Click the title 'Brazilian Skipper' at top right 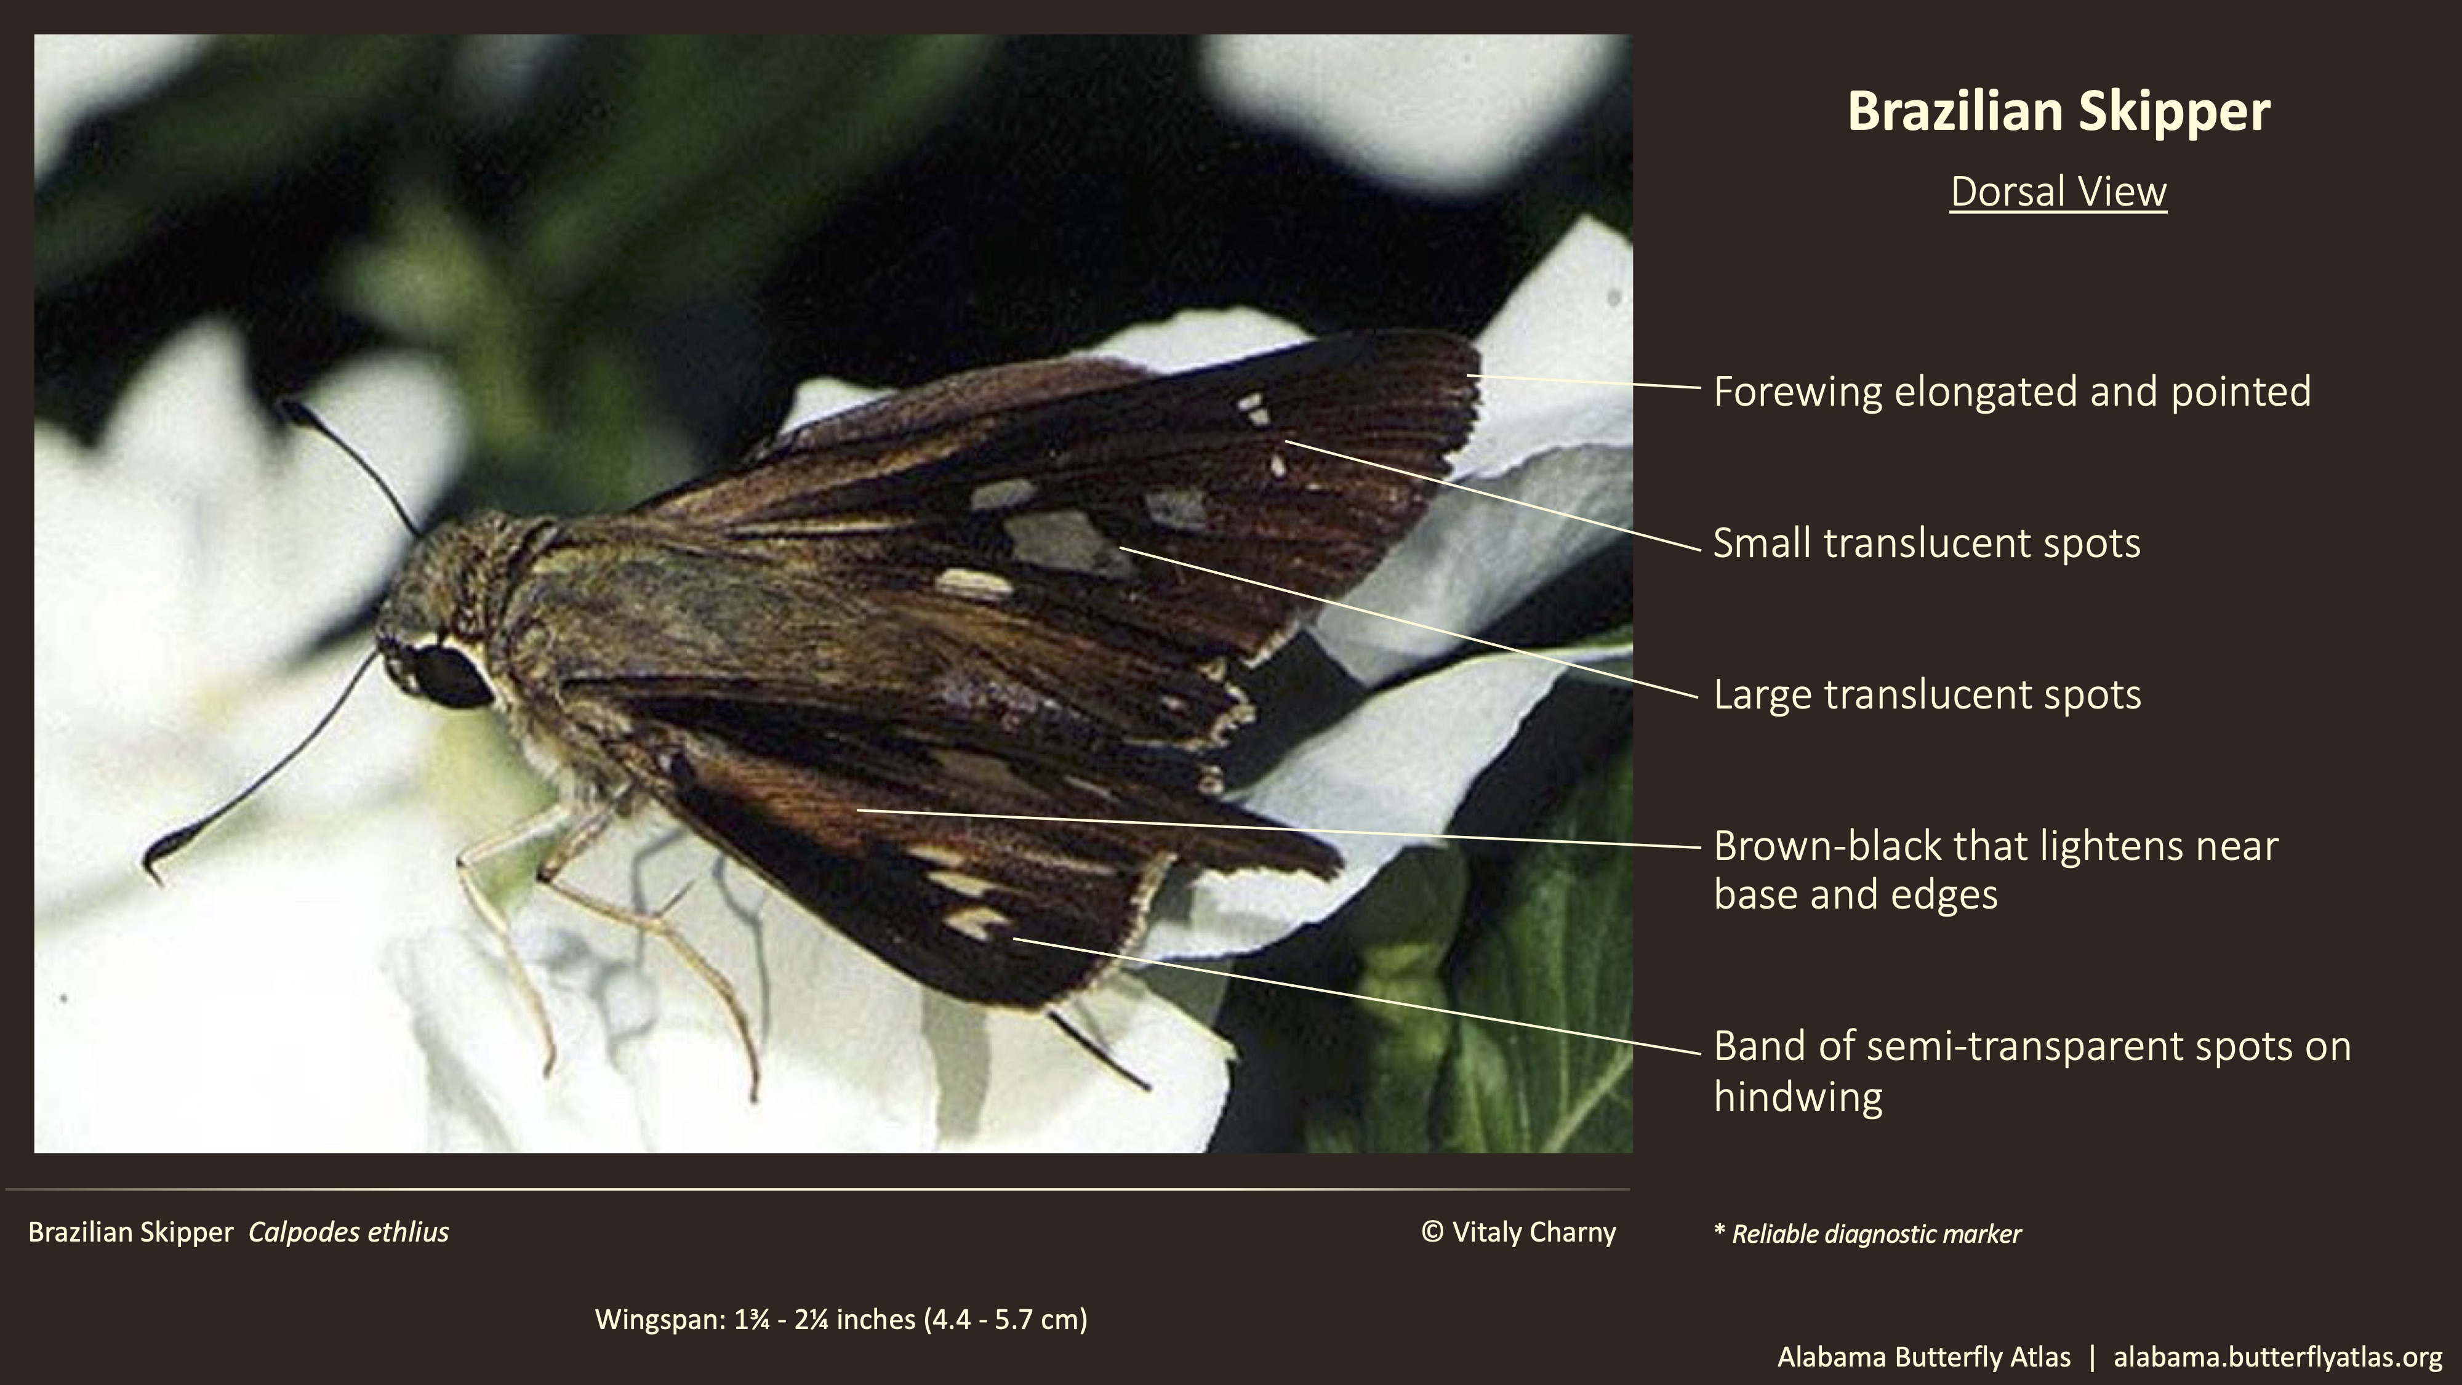point(2058,112)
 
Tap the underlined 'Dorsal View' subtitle point(2058,192)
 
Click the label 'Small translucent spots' point(1926,543)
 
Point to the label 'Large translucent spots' point(1926,695)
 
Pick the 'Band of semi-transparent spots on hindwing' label point(2031,1070)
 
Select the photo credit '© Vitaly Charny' point(1518,1232)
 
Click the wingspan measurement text point(841,1320)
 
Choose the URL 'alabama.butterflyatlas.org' point(2277,1357)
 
